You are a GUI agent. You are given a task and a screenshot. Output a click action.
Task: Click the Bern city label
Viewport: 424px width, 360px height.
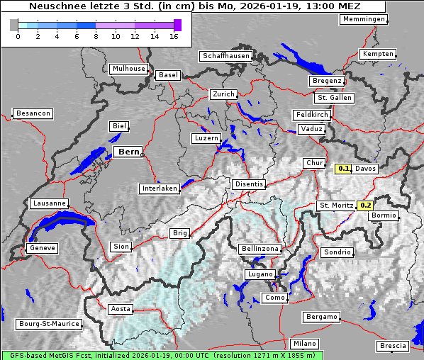pos(128,152)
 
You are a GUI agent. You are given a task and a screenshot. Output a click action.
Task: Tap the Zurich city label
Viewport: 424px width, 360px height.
pos(223,94)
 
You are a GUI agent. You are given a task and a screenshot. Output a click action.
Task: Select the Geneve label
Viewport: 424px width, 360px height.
pos(41,248)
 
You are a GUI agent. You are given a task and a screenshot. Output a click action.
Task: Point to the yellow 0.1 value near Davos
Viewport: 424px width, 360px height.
pos(344,169)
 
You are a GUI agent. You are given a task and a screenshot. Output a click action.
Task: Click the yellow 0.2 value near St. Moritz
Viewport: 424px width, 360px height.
pos(365,206)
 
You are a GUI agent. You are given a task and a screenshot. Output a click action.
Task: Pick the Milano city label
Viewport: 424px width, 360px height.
pos(305,344)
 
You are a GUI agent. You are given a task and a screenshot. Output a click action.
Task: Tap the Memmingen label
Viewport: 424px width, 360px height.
pos(364,19)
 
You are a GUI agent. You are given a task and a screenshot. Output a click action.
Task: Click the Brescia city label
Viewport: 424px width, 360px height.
pos(393,346)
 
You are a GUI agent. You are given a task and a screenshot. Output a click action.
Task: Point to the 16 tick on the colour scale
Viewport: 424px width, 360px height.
pos(174,35)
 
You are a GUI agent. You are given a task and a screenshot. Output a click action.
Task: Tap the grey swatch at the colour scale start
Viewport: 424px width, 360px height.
pos(14,25)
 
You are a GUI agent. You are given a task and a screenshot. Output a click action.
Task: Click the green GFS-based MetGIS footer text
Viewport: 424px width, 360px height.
pos(162,355)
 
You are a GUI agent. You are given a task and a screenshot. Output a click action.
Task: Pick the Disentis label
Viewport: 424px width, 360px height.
pos(249,184)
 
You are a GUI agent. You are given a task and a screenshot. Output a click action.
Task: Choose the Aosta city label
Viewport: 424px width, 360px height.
pos(121,309)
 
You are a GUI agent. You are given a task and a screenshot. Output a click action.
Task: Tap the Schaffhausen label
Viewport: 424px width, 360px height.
pos(226,56)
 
